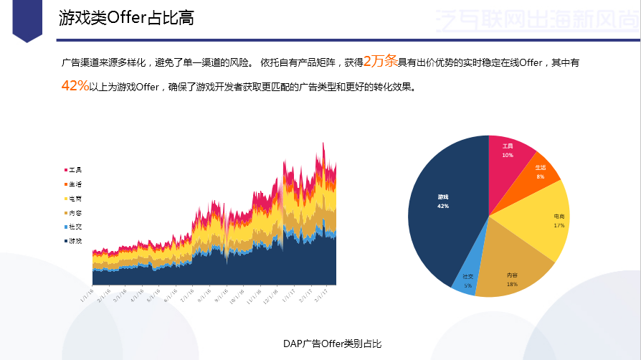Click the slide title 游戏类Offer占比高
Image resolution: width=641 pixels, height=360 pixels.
click(126, 19)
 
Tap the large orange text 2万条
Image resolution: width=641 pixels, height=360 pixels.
click(381, 62)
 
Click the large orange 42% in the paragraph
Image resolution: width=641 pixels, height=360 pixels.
click(75, 87)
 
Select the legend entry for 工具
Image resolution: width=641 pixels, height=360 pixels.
click(73, 170)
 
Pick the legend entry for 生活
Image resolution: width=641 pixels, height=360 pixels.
click(73, 184)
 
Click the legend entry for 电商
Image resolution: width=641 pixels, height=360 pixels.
click(73, 198)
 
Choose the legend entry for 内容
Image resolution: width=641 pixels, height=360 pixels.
click(73, 213)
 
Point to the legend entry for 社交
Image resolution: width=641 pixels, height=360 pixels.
click(73, 227)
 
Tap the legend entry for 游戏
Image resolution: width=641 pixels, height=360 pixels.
click(73, 241)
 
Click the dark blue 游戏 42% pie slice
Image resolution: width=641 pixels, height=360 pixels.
click(445, 208)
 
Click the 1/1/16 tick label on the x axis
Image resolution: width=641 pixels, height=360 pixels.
click(87, 295)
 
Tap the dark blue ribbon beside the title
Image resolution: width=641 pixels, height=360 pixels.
click(28, 19)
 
